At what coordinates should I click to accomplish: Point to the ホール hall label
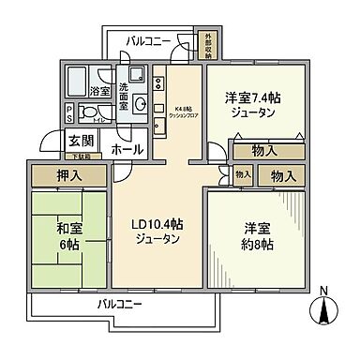[x=127, y=149]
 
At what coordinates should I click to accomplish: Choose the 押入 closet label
[x=68, y=174]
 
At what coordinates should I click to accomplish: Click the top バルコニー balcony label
[x=144, y=42]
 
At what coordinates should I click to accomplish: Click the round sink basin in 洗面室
[x=139, y=104]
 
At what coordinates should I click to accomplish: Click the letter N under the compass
[x=324, y=290]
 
